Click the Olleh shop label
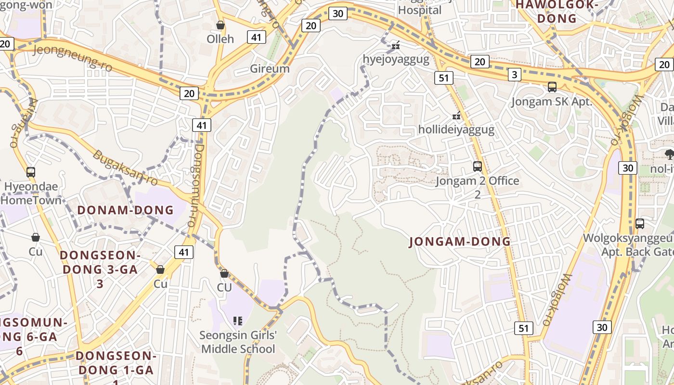tap(220, 39)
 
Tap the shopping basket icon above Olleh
tap(220, 25)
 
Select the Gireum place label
tap(270, 68)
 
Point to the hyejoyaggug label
tap(396, 60)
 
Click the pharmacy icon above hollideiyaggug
tap(456, 115)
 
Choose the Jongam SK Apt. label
tap(552, 102)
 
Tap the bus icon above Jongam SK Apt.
tap(552, 87)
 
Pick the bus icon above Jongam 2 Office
tap(478, 167)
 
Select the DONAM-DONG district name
tap(125, 210)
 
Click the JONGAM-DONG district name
tap(460, 242)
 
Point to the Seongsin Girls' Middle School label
tap(238, 342)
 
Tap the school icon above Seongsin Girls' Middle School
tap(237, 320)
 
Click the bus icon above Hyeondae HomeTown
tap(31, 172)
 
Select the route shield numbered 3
tap(515, 75)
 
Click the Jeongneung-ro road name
tap(72, 58)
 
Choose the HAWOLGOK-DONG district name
tap(557, 12)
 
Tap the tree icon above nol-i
tap(669, 154)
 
